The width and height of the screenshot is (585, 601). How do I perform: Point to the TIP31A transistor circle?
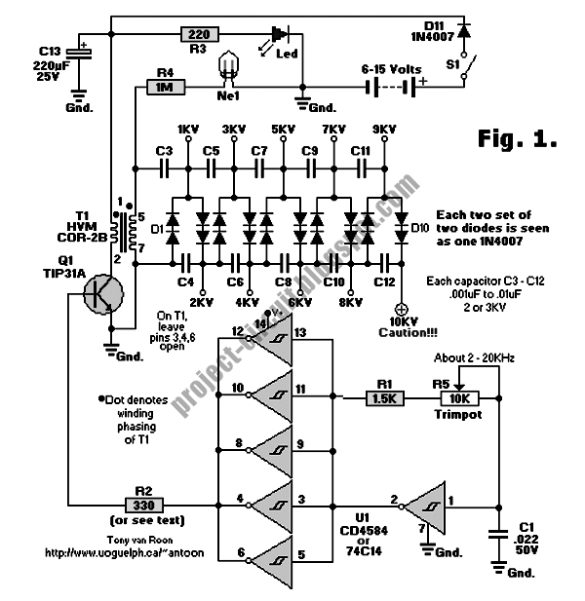click(x=100, y=293)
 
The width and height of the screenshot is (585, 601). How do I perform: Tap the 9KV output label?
click(x=384, y=130)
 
